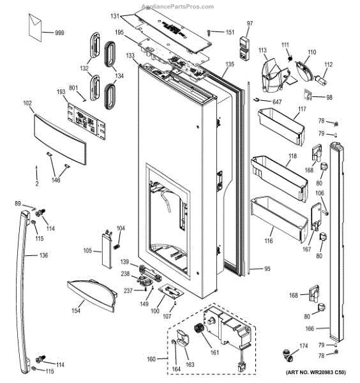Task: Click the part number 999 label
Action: [x=59, y=33]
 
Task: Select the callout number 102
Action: [x=27, y=102]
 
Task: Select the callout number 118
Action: [x=292, y=156]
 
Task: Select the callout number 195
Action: [x=119, y=32]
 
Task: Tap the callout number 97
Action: [x=250, y=24]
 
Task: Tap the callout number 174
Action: [x=303, y=345]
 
